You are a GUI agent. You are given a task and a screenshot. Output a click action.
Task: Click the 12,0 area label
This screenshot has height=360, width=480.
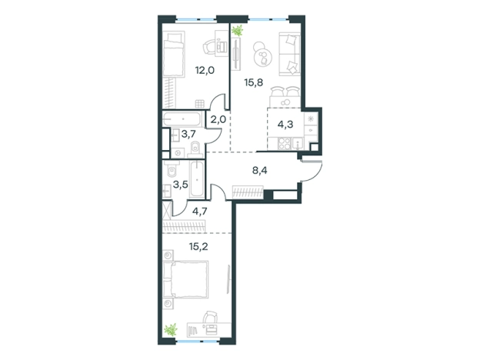click(205, 71)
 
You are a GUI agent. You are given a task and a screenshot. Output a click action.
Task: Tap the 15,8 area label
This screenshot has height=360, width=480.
click(254, 82)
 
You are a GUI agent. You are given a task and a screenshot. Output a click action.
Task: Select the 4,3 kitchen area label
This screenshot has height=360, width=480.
click(285, 125)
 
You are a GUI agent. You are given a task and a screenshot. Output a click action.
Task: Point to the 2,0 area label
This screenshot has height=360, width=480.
click(218, 118)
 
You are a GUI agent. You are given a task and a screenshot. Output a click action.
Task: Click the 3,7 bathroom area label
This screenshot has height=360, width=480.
click(188, 134)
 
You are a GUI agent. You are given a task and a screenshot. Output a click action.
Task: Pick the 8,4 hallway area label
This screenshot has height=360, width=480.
click(259, 171)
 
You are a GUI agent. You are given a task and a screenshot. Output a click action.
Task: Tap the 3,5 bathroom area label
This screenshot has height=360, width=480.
click(180, 185)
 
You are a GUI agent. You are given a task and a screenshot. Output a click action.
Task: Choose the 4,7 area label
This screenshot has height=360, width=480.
click(200, 212)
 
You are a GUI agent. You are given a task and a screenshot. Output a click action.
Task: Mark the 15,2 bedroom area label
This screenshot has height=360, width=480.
click(198, 246)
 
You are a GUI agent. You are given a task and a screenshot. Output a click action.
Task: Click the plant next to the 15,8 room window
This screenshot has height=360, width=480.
click(237, 31)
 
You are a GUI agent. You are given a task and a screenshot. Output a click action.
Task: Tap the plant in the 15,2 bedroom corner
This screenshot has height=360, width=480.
click(171, 330)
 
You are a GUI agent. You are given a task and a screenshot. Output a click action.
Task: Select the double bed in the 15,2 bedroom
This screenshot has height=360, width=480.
click(185, 279)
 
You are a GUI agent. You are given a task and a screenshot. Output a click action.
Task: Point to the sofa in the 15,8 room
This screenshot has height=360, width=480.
click(289, 54)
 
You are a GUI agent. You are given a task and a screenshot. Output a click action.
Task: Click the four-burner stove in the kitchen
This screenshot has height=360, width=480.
click(284, 144)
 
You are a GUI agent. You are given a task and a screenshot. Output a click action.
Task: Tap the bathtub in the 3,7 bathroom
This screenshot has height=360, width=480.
click(182, 118)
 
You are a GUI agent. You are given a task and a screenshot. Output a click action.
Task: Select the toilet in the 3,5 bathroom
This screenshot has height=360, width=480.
click(171, 169)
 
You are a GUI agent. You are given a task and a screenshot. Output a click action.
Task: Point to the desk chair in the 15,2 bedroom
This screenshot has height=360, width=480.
click(210, 316)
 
